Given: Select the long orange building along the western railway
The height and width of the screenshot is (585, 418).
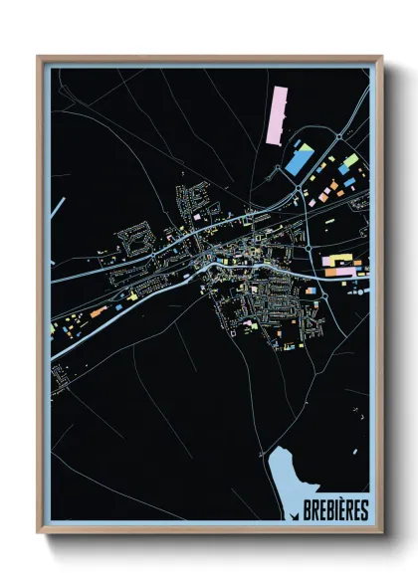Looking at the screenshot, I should (x=98, y=311).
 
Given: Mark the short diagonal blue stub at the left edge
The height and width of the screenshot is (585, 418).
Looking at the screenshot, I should (x=60, y=209).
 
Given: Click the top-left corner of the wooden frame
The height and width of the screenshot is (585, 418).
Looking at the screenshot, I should (x=39, y=57).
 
